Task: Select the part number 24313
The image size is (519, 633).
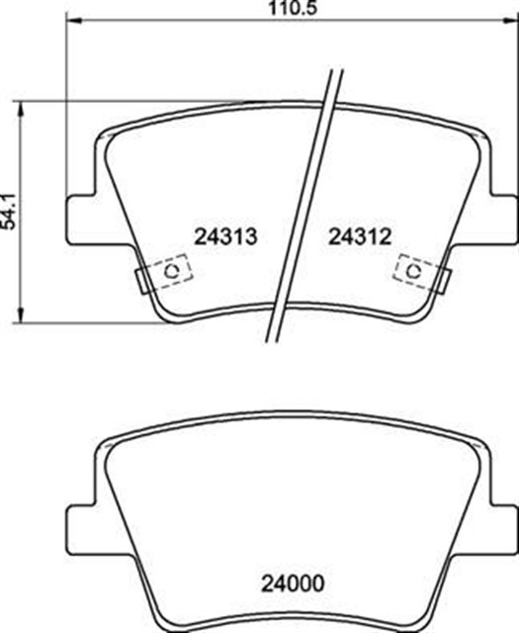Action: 227,236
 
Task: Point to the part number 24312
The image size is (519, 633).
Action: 360,236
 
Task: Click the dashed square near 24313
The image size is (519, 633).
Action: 169,269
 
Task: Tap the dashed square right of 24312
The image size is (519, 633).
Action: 413,269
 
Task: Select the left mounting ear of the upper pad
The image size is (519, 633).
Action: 83,218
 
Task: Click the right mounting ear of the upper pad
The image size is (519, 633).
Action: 501,218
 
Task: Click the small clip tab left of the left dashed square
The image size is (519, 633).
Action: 141,280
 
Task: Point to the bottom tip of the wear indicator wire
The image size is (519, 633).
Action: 272,339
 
